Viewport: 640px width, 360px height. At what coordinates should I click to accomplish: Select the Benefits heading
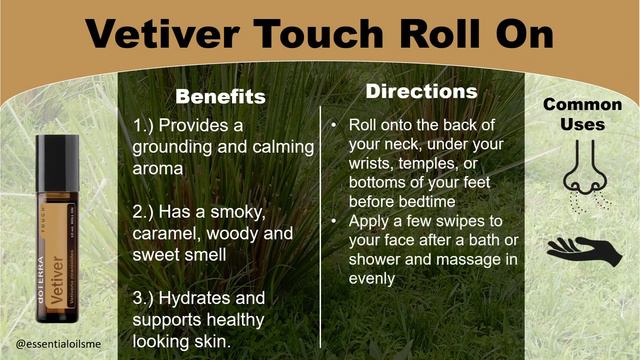[221, 97]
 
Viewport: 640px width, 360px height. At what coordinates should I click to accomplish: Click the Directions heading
[421, 91]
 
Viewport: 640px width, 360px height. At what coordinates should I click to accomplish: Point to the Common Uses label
[582, 114]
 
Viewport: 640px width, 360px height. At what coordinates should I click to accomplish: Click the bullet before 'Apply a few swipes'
[331, 219]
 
